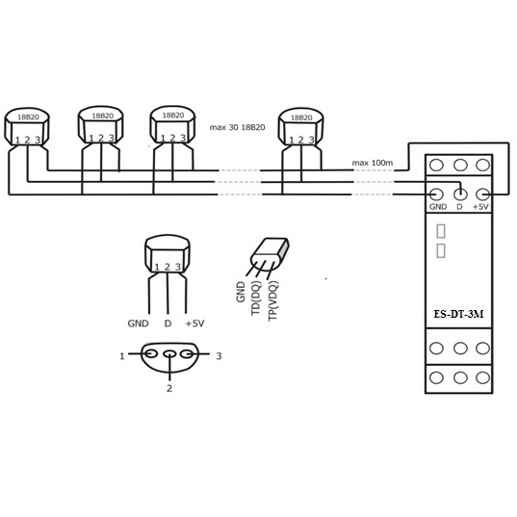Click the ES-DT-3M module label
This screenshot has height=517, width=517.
point(458,314)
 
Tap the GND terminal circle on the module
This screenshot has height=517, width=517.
point(436,194)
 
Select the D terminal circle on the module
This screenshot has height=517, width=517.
point(460,194)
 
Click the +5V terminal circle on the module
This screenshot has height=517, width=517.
point(483,194)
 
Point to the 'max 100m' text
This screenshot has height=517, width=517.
point(373,163)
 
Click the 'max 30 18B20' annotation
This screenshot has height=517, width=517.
point(237,127)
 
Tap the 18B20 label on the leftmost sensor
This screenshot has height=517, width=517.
point(28,117)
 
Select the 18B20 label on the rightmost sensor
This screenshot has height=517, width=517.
point(301,117)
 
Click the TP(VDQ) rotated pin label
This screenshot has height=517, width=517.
point(273,300)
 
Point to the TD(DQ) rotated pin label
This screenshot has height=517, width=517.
point(256,297)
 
